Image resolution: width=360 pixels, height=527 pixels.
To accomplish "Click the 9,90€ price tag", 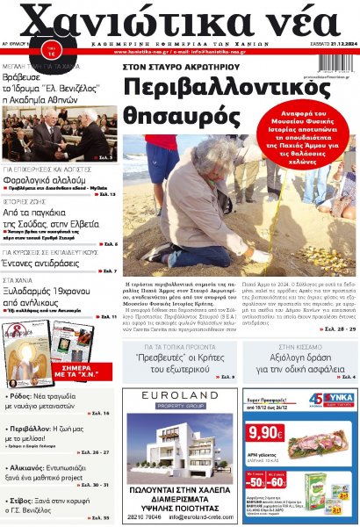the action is click(265, 433).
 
